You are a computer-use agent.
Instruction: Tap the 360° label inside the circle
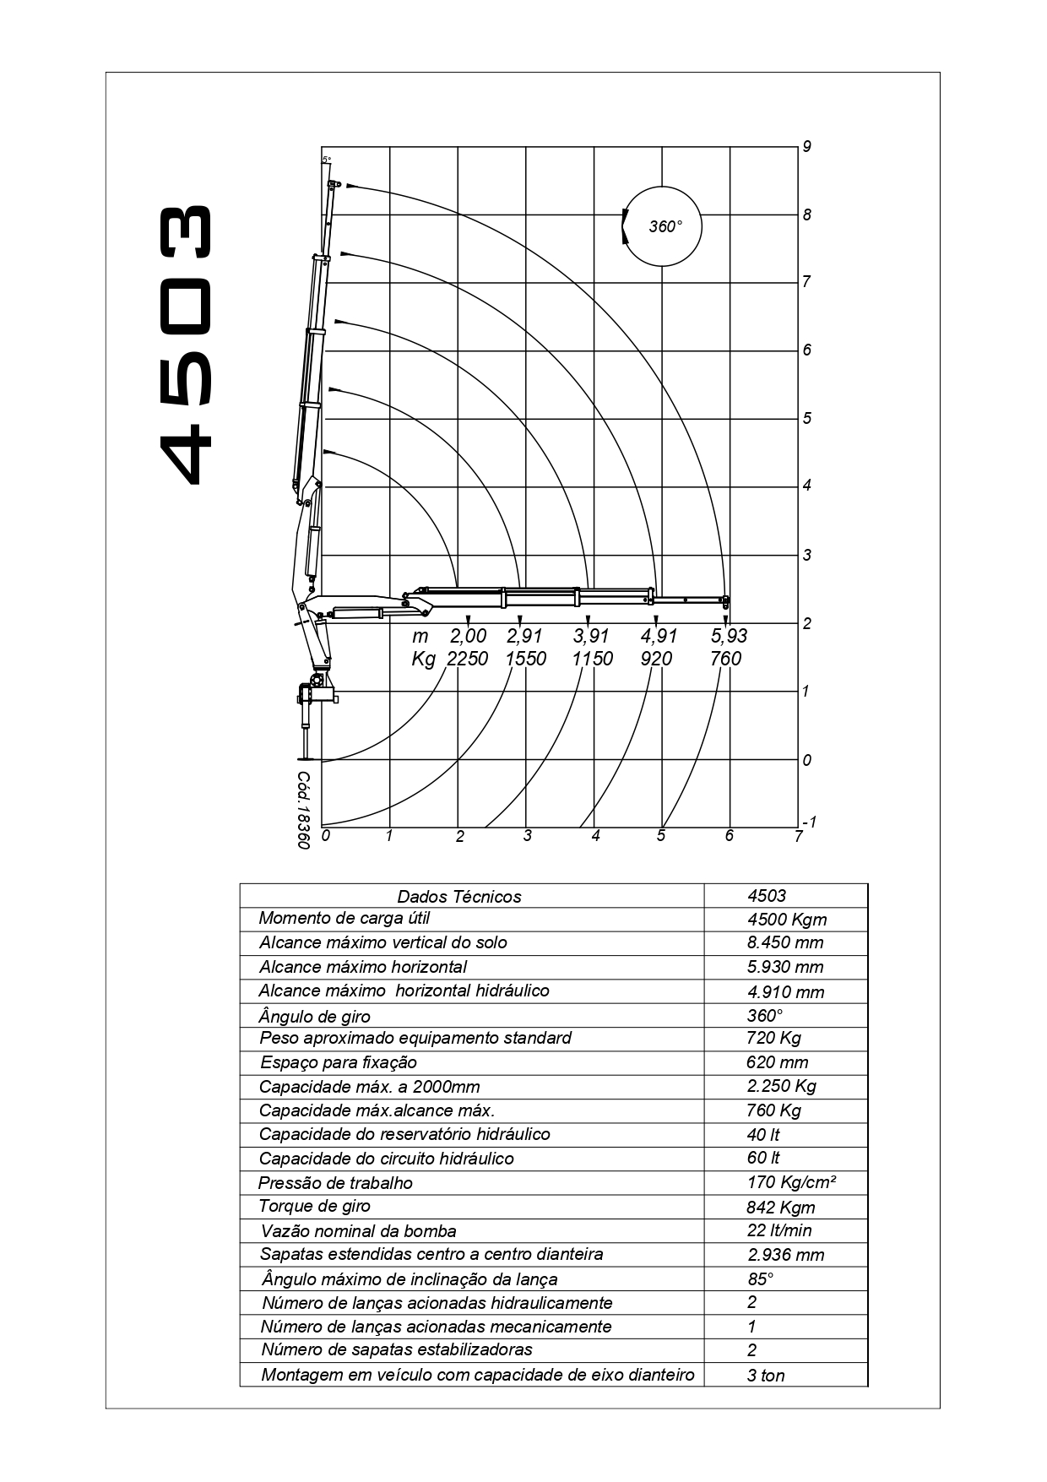pyautogui.click(x=665, y=226)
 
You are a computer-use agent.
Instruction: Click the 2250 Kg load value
pyautogui.click(x=467, y=659)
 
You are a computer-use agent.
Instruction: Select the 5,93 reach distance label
pyautogui.click(x=730, y=636)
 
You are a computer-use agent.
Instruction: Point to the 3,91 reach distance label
pyautogui.click(x=592, y=636)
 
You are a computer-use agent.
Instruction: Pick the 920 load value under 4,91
pyautogui.click(x=656, y=659)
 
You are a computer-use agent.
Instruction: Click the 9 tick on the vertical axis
pyautogui.click(x=807, y=147)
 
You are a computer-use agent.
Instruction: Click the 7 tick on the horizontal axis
pyautogui.click(x=798, y=837)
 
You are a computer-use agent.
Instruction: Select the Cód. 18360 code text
pyautogui.click(x=304, y=810)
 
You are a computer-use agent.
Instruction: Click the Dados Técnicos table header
pyautogui.click(x=459, y=897)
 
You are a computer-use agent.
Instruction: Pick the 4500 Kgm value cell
pyautogui.click(x=787, y=920)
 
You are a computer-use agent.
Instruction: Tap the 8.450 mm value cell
pyautogui.click(x=785, y=942)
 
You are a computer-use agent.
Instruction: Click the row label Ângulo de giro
pyautogui.click(x=314, y=1016)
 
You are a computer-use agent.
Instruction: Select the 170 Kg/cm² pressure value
pyautogui.click(x=791, y=1182)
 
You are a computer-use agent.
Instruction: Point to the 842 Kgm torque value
pyautogui.click(x=781, y=1207)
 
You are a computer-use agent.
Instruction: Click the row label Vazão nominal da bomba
pyautogui.click(x=358, y=1231)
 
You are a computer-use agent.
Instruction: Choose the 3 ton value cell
pyautogui.click(x=766, y=1376)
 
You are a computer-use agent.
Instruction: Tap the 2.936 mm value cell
pyautogui.click(x=785, y=1255)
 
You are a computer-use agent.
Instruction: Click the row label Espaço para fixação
pyautogui.click(x=339, y=1062)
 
